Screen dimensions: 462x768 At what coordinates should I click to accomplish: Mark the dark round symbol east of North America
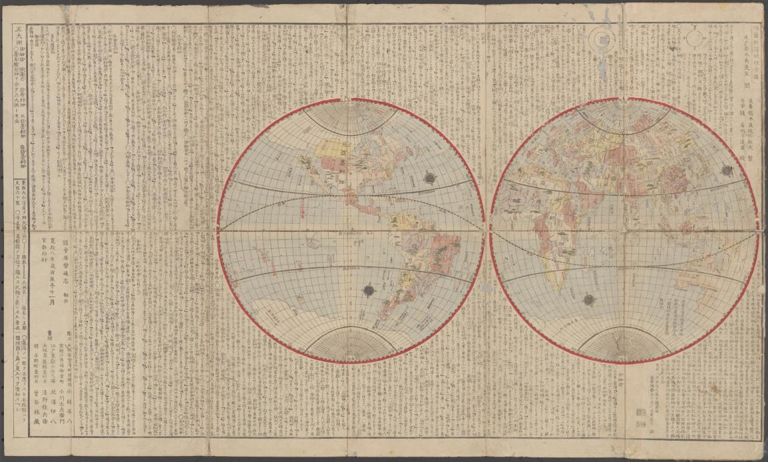[x=429, y=178]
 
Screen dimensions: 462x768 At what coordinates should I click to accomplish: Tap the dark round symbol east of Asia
[x=725, y=171]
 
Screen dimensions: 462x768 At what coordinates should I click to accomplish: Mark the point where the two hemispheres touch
[x=487, y=231]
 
